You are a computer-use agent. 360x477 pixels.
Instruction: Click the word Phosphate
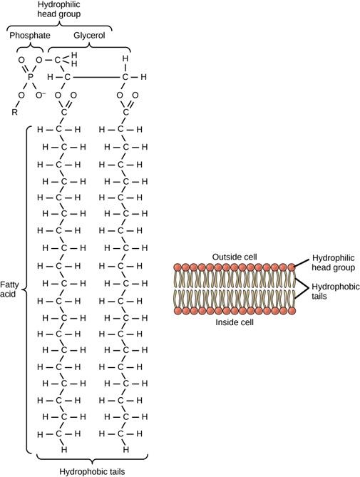[29, 35]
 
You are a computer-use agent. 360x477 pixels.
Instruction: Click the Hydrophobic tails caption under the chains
[86, 470]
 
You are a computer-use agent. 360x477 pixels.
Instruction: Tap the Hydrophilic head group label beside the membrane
[334, 263]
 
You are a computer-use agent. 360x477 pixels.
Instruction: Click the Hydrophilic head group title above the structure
[59, 10]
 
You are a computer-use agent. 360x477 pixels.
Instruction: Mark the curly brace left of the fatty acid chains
[26, 289]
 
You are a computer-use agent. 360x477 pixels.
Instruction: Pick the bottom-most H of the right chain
[125, 450]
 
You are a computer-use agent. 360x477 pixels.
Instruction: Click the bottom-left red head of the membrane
[177, 311]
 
